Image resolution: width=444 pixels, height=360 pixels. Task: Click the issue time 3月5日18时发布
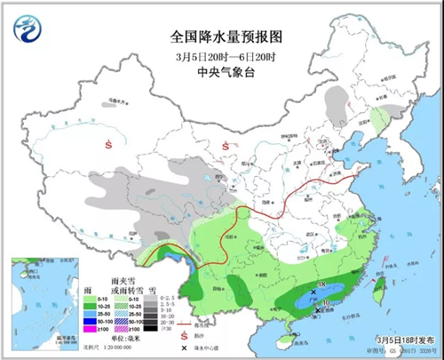coord(391,344)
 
